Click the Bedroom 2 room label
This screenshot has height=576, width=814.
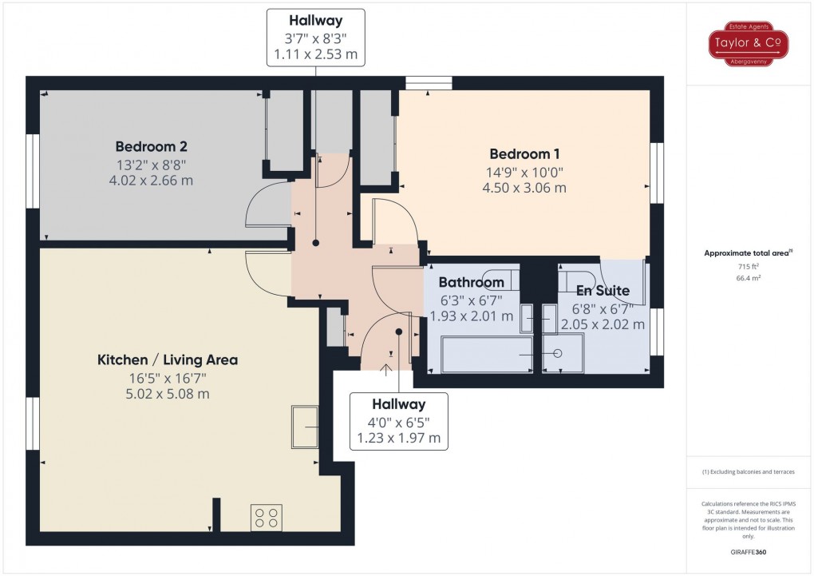(x=151, y=147)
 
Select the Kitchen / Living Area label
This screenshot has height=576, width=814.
(x=168, y=360)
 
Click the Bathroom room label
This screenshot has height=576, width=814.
(x=471, y=282)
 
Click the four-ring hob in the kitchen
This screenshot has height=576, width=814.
(x=267, y=518)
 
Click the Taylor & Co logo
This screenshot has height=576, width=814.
(x=738, y=44)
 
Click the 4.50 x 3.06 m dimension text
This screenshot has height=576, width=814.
(x=524, y=189)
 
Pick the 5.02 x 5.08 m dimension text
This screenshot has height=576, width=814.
(x=168, y=394)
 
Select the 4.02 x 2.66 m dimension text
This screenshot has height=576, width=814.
(x=151, y=181)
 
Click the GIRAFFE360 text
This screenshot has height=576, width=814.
(x=749, y=552)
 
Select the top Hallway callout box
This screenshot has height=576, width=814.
(x=316, y=38)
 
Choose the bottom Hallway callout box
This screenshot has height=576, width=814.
(x=397, y=421)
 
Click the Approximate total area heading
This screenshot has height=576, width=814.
(x=746, y=253)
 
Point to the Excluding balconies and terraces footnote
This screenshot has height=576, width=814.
(x=749, y=472)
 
